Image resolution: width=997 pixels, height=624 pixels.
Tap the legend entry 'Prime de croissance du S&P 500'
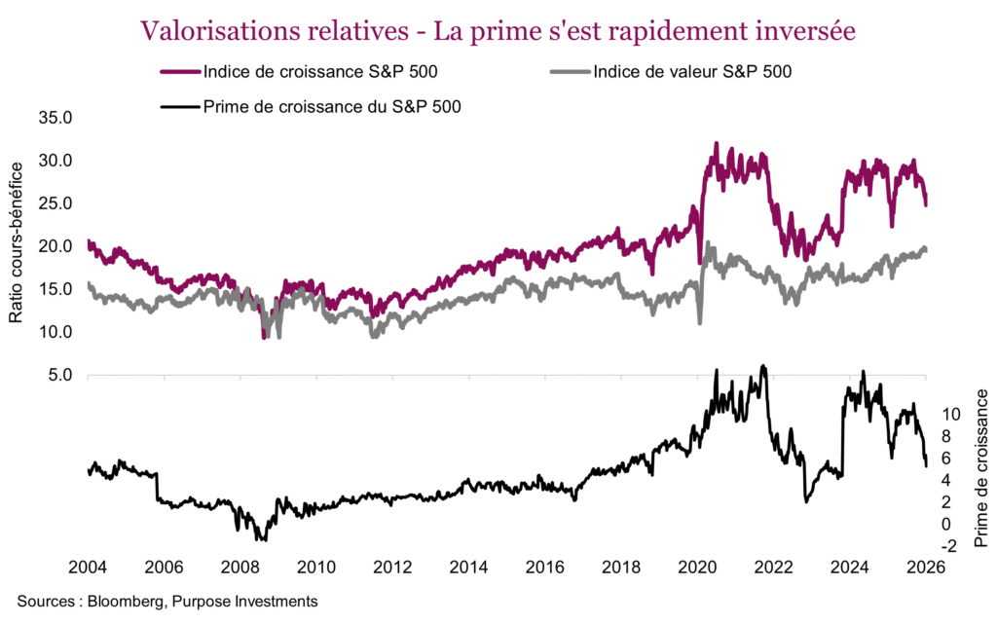332,107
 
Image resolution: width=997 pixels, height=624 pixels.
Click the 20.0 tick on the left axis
56,246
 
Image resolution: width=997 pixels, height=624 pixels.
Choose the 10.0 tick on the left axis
56,332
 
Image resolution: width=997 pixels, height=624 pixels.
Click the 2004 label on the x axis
88,569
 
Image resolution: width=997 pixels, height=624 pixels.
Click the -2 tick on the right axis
948,547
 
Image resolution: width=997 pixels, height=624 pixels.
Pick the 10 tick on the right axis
951,414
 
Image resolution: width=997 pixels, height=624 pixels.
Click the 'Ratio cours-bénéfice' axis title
17,244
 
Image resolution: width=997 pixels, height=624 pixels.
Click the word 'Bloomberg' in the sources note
123,602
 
